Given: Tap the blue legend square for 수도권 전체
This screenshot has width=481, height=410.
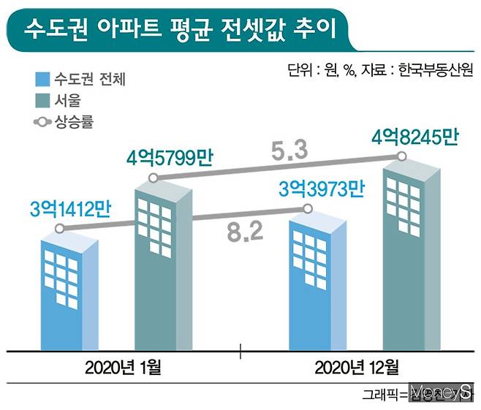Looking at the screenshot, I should coord(42,80).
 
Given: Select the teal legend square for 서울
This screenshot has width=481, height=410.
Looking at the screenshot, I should coord(42,100).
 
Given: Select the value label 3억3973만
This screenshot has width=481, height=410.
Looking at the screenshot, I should coord(322,190).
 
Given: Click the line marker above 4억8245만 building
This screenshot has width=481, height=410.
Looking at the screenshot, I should coord(402,157).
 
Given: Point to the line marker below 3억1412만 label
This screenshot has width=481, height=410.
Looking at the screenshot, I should coord(59,229).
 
